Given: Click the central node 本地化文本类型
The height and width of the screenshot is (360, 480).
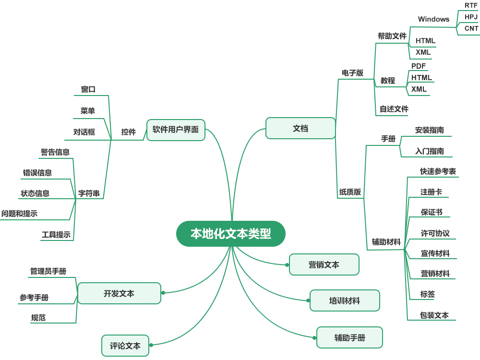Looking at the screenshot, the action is click(x=231, y=234).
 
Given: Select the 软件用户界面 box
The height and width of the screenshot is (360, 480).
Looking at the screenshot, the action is click(x=176, y=130).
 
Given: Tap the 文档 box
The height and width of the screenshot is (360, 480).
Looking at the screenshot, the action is click(x=300, y=128).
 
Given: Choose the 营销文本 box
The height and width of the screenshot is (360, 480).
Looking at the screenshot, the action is click(x=324, y=264).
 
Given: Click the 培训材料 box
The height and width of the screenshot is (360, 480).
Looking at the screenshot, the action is click(x=345, y=300).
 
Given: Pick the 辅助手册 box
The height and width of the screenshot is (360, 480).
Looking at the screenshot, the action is click(x=349, y=337).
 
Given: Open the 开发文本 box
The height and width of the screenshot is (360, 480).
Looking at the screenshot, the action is click(x=119, y=293).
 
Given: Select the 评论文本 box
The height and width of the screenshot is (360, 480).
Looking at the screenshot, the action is click(x=125, y=346).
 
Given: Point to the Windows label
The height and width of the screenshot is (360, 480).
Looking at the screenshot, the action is click(x=434, y=19).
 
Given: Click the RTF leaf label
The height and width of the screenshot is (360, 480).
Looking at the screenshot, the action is click(x=471, y=5).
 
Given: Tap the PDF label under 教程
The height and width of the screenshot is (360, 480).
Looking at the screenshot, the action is click(x=419, y=66).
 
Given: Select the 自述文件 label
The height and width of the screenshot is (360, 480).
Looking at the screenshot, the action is click(x=394, y=109).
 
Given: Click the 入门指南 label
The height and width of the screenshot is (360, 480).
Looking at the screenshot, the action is click(x=430, y=151).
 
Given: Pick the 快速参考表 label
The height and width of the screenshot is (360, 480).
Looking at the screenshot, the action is click(x=438, y=171).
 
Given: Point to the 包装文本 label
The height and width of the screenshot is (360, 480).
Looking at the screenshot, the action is click(x=434, y=315).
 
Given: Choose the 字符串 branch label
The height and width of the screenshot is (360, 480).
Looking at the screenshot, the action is click(x=89, y=193).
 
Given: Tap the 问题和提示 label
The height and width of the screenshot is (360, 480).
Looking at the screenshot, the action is click(x=19, y=214).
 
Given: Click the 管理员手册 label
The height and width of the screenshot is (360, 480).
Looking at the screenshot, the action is click(x=48, y=271).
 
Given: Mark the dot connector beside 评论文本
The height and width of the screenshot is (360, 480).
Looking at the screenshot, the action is click(x=151, y=345).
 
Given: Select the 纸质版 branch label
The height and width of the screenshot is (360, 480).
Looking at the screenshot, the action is click(x=350, y=192).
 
